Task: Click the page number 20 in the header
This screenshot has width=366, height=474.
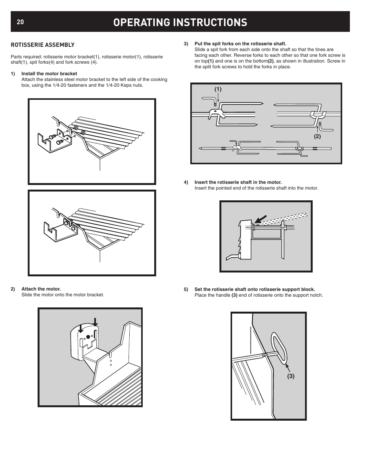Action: (20, 22)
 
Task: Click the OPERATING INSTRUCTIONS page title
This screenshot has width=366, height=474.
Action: (180, 22)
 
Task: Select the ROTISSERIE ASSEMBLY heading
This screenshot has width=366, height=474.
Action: (43, 45)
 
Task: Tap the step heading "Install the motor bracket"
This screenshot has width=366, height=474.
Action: (49, 74)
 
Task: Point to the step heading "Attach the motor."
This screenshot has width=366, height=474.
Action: (41, 289)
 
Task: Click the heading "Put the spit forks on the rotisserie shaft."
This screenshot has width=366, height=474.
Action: (241, 44)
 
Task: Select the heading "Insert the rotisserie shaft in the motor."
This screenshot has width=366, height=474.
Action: (238, 182)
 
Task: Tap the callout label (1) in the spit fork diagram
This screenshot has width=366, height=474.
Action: (218, 89)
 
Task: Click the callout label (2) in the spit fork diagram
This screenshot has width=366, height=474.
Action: (317, 136)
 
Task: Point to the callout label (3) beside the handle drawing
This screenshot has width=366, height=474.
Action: (291, 376)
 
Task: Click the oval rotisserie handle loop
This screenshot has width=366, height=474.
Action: (279, 348)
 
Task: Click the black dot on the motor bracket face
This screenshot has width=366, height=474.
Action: (88, 337)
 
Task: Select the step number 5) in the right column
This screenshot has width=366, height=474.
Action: (186, 289)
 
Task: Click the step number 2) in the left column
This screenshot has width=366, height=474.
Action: (13, 289)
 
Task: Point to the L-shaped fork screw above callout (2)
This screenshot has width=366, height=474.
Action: (321, 126)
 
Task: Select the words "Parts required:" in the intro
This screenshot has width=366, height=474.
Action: (26, 57)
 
